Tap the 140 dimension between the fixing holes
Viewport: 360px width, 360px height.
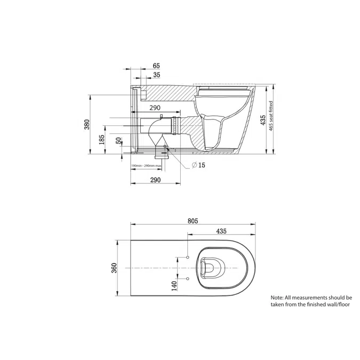pyautogui.click(x=174, y=286)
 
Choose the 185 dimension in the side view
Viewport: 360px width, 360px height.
pyautogui.click(x=101, y=140)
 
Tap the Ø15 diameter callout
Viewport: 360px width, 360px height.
pyautogui.click(x=198, y=165)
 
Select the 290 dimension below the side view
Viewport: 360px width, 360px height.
pyautogui.click(x=156, y=181)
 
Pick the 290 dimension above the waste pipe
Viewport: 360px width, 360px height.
pyautogui.click(x=155, y=108)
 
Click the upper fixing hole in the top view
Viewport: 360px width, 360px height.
pyautogui.click(x=188, y=258)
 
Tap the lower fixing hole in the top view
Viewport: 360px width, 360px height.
pyautogui.click(x=188, y=278)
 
